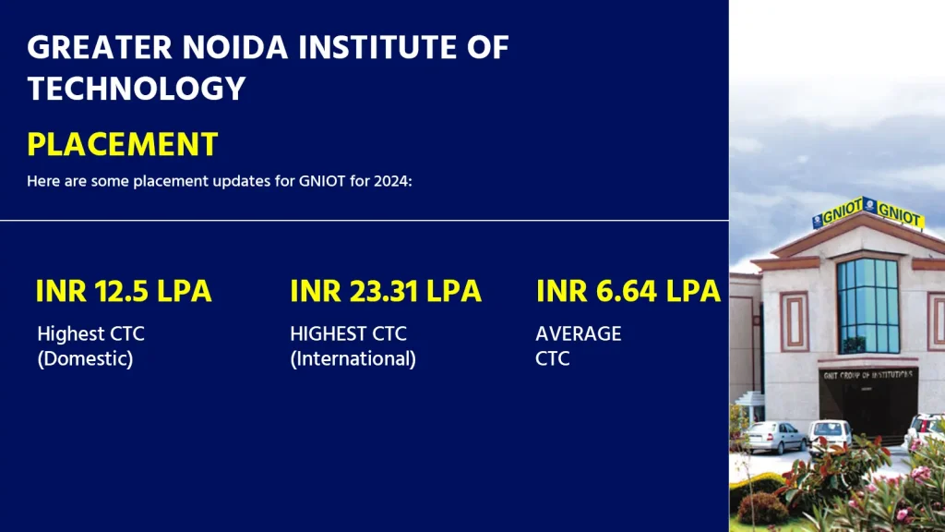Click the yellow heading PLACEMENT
(x=123, y=144)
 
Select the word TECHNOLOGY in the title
(x=137, y=89)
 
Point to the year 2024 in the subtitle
(x=390, y=181)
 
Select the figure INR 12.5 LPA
(x=124, y=291)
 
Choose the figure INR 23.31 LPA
(x=385, y=291)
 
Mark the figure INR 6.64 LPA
(x=628, y=291)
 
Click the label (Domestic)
(x=85, y=358)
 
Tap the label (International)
(x=353, y=358)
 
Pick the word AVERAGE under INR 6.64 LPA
(x=578, y=333)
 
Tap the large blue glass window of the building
(x=867, y=305)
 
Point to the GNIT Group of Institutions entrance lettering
(x=867, y=374)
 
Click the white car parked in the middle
(x=830, y=433)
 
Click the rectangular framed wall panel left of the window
(x=794, y=320)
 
